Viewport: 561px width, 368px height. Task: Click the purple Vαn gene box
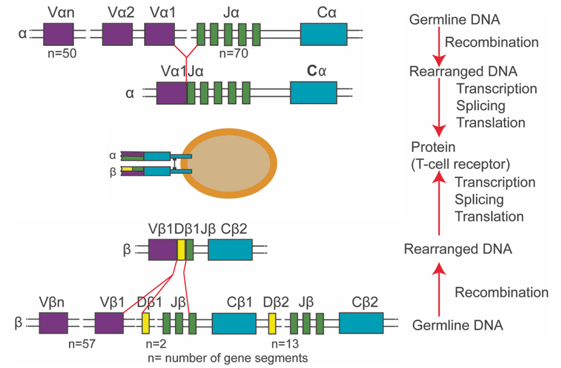point(58,34)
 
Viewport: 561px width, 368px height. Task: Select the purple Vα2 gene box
point(117,34)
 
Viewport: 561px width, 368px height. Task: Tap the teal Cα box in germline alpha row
point(324,34)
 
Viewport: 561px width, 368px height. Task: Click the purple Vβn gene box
point(54,323)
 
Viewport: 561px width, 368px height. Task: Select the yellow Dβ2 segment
point(272,323)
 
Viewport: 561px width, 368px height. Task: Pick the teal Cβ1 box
point(234,323)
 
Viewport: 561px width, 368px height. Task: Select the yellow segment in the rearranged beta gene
point(181,250)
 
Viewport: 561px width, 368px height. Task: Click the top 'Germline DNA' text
point(455,20)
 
